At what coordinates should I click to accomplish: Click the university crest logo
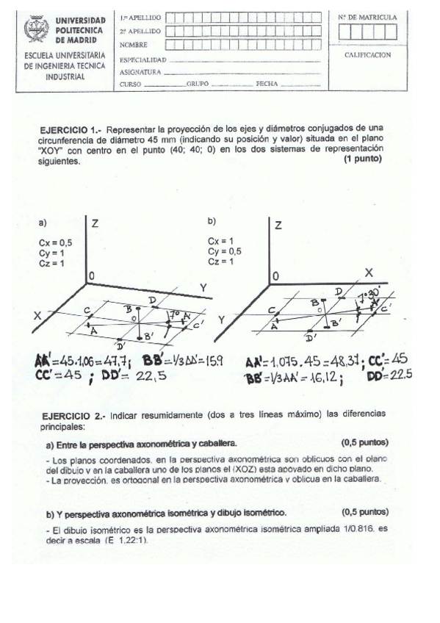coord(35,30)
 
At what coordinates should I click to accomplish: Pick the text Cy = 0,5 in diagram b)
coord(224,251)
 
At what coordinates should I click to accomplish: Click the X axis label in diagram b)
coord(369,272)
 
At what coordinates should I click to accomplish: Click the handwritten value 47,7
coord(114,361)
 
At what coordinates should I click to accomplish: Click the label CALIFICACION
coord(367,54)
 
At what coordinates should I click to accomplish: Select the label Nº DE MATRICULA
coord(367,16)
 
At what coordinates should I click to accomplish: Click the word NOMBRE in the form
coord(133,45)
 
